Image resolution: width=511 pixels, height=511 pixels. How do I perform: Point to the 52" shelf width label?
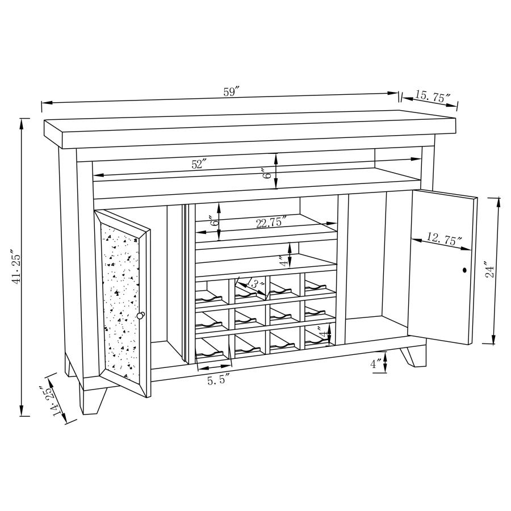point(199,164)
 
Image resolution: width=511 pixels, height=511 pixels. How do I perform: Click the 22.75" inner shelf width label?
point(271,222)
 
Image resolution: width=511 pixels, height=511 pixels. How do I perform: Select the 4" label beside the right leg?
point(376,364)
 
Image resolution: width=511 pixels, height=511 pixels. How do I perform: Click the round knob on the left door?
point(140,315)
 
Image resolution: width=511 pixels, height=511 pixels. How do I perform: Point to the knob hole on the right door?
point(464,270)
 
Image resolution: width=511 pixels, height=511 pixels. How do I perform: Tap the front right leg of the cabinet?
point(413,356)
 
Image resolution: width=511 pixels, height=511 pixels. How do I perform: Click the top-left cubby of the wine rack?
point(212,290)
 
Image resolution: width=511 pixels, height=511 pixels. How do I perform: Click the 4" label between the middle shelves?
point(282,261)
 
